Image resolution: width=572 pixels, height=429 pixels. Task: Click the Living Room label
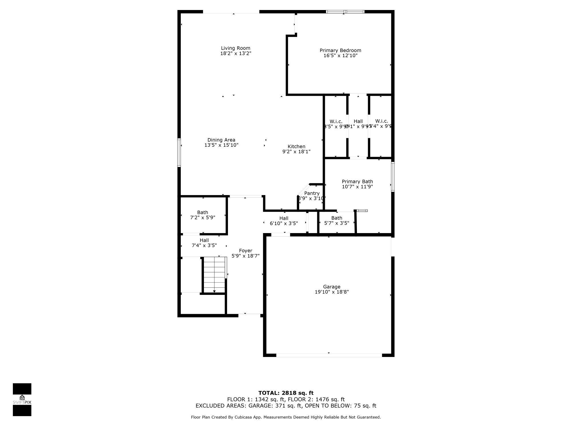(x=235, y=48)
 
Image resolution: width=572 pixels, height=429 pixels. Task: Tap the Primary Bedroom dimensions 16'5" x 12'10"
(x=340, y=55)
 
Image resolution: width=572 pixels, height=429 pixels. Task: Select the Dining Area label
(x=221, y=140)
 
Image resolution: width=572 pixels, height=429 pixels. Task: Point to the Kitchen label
(x=296, y=146)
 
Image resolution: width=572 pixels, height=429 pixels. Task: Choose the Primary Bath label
(x=357, y=181)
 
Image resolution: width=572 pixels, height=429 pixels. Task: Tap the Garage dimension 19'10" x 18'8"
(x=331, y=292)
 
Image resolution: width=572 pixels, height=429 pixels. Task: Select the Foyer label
(x=245, y=251)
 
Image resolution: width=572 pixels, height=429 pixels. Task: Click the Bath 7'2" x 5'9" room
(x=203, y=215)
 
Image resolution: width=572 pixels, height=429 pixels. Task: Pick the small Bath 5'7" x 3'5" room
(x=337, y=221)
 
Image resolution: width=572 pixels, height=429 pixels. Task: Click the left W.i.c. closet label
(x=336, y=122)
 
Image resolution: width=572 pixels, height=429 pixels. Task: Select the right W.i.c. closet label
(x=382, y=121)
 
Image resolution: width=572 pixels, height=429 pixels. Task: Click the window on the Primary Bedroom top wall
(x=345, y=12)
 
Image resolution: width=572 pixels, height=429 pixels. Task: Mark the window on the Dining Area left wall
(x=179, y=152)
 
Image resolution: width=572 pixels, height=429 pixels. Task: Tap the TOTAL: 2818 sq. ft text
(x=286, y=393)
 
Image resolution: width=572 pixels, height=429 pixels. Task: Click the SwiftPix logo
(x=22, y=400)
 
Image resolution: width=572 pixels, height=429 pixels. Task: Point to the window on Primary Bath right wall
(x=393, y=176)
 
